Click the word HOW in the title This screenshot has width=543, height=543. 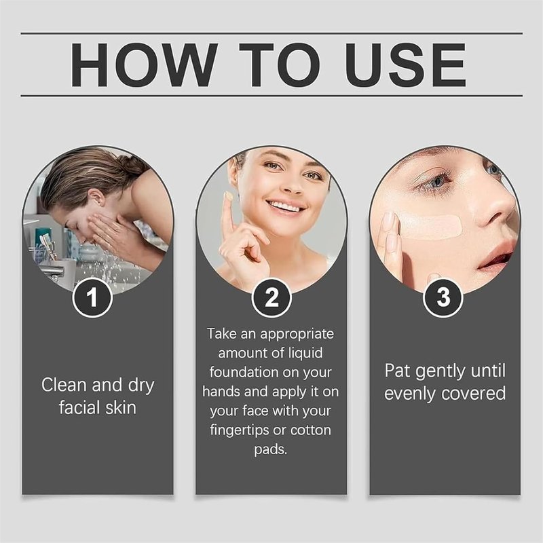pos(145,64)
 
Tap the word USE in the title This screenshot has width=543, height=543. pos(405,64)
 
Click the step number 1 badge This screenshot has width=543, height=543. pos(92,297)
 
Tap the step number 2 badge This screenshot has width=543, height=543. pos(271,297)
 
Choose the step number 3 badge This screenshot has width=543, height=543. pos(443,297)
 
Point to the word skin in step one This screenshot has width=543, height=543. pos(121,407)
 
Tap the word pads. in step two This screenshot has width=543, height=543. pos(271,449)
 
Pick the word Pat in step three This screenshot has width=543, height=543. pos(397,371)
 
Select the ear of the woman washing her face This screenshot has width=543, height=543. pos(98,197)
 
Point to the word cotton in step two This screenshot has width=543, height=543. pos(311,430)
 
